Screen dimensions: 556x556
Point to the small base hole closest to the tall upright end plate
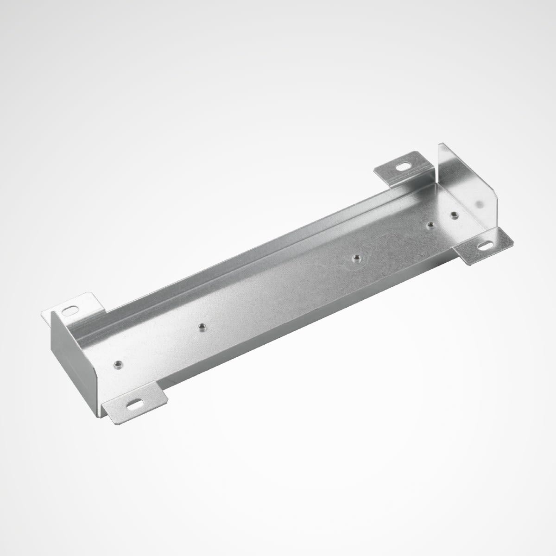click(x=454, y=214)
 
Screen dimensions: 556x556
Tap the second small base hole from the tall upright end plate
click(x=430, y=225)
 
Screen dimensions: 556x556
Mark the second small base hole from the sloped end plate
click(x=202, y=327)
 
